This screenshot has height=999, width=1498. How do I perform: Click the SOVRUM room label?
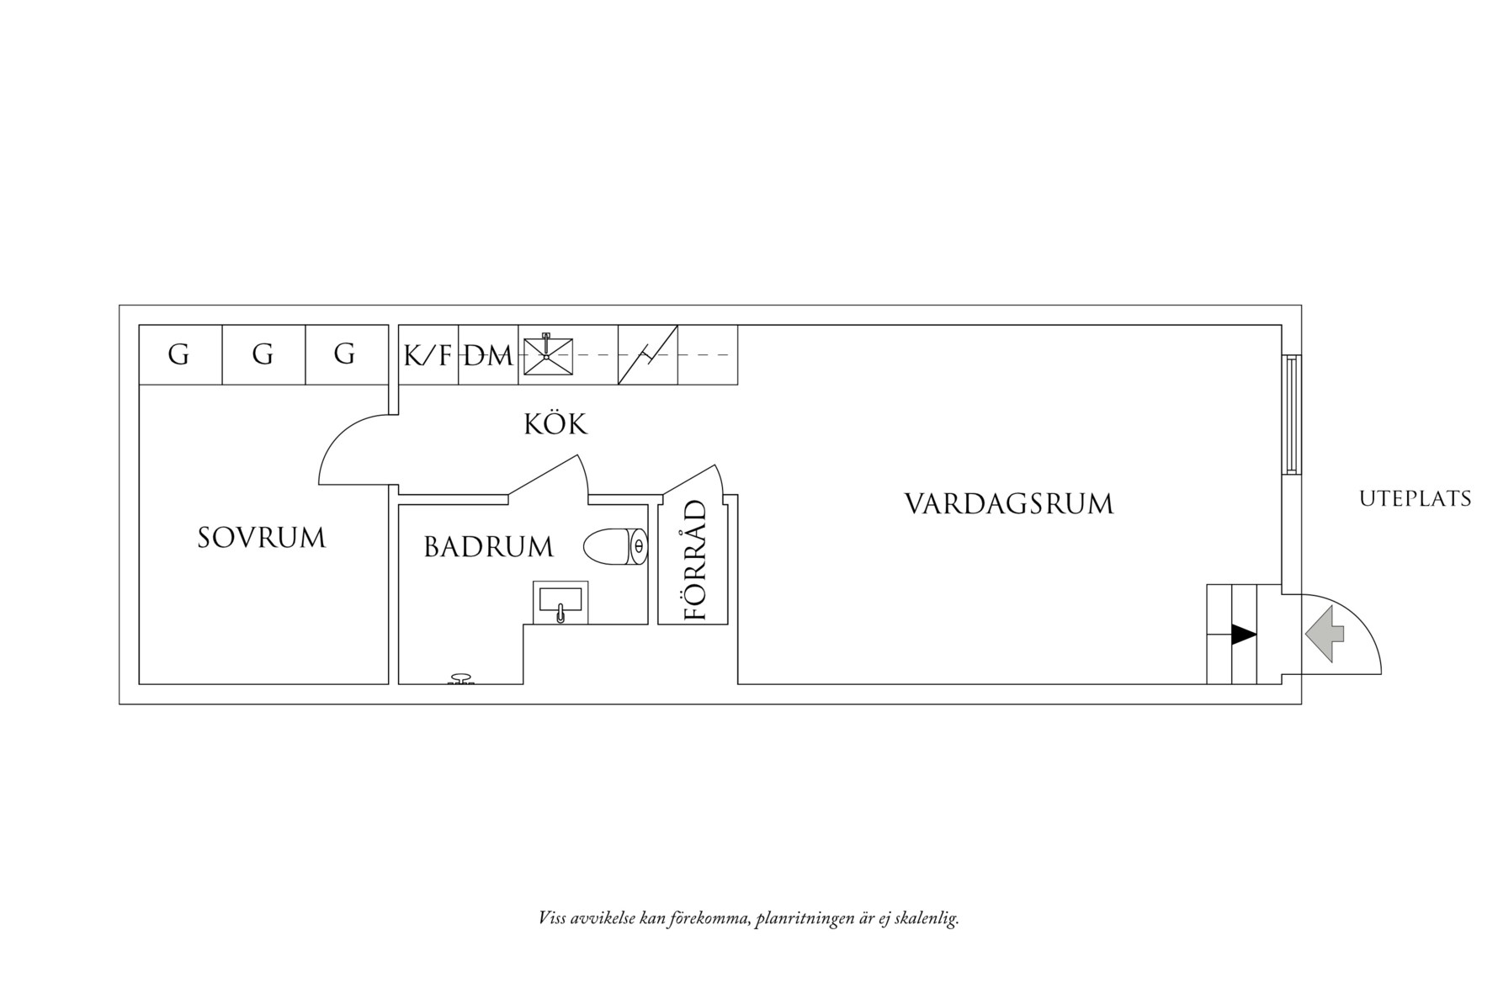[x=261, y=538]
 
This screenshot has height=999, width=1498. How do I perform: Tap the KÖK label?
[x=555, y=424]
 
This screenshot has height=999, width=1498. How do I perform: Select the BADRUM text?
[x=488, y=548]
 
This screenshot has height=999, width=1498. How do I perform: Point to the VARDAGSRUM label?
[x=1008, y=504]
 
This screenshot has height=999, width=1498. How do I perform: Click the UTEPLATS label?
[x=1415, y=499]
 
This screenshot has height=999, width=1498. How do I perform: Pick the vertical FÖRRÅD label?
[x=695, y=561]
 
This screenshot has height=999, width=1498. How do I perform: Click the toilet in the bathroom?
[x=615, y=546]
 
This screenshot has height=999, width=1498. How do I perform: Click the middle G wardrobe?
[x=263, y=354]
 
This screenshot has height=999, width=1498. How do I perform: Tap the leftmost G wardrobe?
[x=178, y=354]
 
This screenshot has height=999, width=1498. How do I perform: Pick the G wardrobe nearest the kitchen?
[x=344, y=354]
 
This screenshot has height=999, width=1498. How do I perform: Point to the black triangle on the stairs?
[x=1243, y=635]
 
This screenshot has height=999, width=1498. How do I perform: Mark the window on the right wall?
[x=1291, y=414]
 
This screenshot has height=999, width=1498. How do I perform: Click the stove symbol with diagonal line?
[x=648, y=355]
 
